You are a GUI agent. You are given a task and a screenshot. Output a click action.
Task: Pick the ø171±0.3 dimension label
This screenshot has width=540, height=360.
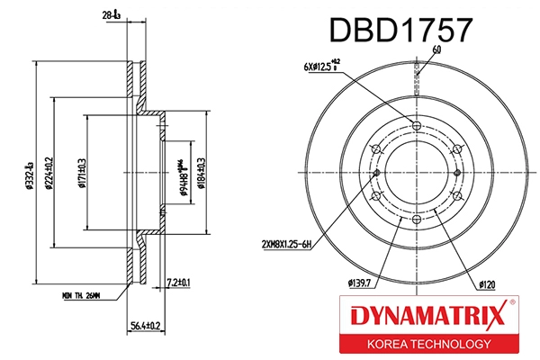tap(83, 172)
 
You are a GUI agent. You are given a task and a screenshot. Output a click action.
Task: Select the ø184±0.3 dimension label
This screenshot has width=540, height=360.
tap(201, 172)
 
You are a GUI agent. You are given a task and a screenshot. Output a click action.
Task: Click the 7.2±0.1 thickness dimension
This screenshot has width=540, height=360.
tap(178, 284)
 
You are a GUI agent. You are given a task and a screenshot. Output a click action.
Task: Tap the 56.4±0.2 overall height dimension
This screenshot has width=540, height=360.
tap(144, 326)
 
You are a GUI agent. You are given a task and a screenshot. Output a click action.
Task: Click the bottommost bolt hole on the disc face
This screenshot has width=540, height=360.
tap(416, 220)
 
